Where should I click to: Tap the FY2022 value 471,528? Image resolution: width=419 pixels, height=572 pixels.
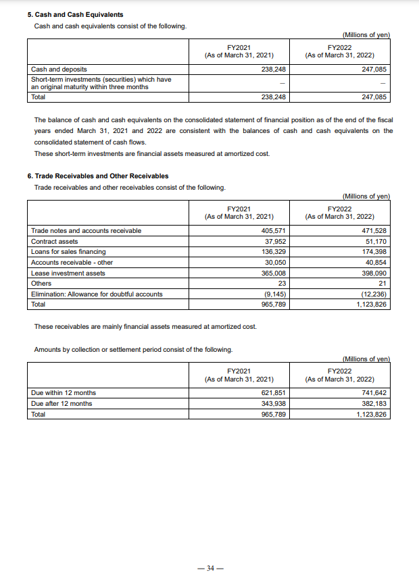pos(374,231)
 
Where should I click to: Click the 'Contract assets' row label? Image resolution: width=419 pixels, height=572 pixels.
pos(54,241)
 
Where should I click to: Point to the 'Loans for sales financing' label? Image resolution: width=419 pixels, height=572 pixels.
pos(68,252)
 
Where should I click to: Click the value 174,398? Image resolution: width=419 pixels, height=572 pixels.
pos(374,252)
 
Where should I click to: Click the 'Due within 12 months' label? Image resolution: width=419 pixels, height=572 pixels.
pos(64,393)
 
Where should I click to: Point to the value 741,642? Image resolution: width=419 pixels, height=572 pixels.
pos(374,393)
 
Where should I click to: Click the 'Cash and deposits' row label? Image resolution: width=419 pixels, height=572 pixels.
pos(59,69)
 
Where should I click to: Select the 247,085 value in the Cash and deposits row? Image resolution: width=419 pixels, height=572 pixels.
pos(374,69)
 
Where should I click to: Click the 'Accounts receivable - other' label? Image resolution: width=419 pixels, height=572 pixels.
pos(72,262)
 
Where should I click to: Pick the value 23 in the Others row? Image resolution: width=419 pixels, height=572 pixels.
pos(282,283)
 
